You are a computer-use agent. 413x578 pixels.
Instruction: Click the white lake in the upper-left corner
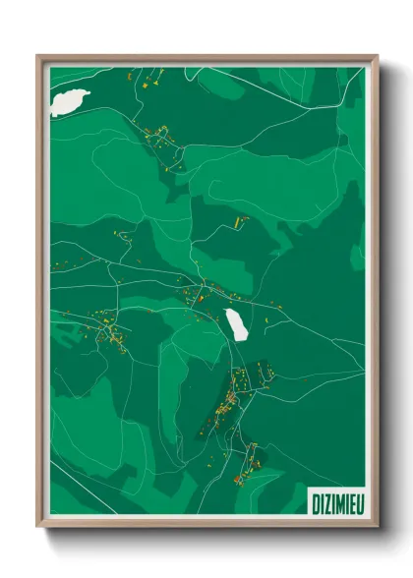(x=71, y=100)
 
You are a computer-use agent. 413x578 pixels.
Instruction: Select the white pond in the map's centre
(x=236, y=323)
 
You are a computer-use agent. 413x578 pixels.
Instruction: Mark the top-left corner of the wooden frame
(x=38, y=56)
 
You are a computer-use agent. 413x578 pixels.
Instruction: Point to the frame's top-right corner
(x=377, y=56)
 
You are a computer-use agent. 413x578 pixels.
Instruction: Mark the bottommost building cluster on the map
(x=241, y=470)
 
